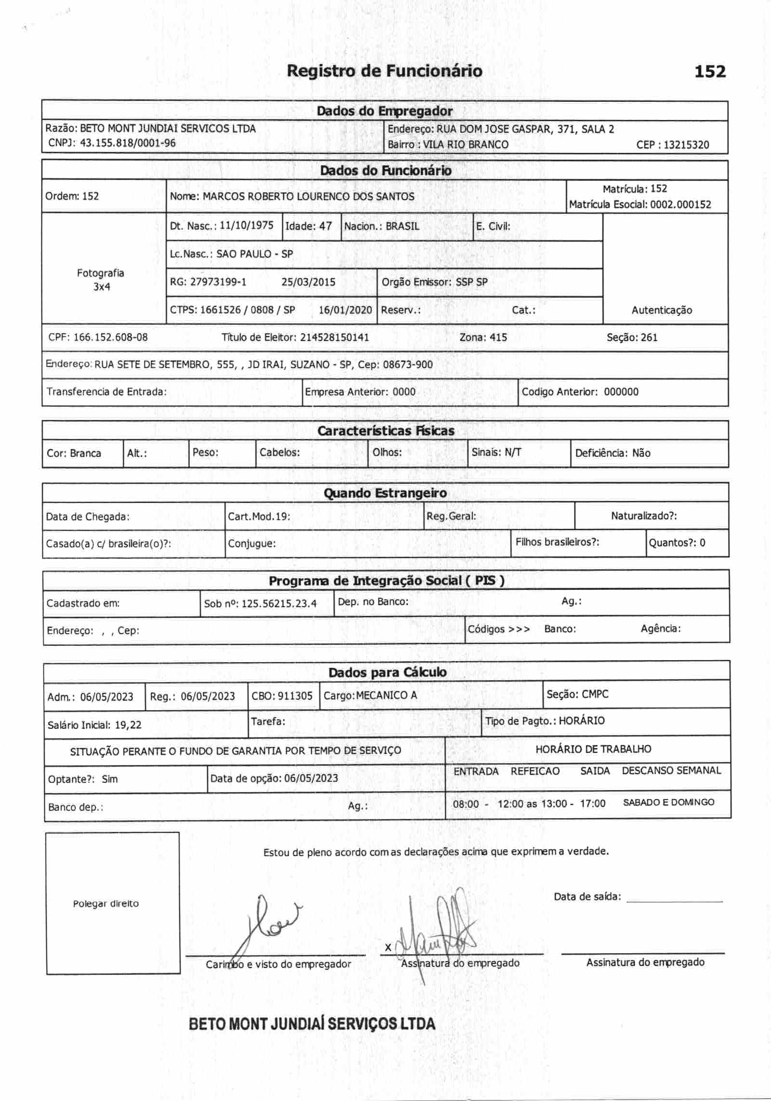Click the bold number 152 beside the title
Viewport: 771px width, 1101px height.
point(710,72)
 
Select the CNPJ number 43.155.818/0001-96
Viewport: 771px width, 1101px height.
point(128,143)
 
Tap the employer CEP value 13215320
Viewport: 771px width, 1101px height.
point(686,145)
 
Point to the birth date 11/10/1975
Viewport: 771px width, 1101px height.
point(246,226)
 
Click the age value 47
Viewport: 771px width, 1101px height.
point(325,226)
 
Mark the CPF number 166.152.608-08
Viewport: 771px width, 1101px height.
point(110,337)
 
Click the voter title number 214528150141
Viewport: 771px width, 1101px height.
point(334,337)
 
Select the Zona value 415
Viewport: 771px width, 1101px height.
point(498,337)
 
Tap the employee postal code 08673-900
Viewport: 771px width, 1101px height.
point(408,365)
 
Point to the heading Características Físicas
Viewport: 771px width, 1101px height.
point(385,431)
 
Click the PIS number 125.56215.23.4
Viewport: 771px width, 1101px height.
point(279,604)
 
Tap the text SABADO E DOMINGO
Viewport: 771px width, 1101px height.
point(668,802)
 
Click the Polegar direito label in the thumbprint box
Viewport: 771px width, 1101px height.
point(106,904)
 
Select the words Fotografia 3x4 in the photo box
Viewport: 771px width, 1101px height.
point(101,280)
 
